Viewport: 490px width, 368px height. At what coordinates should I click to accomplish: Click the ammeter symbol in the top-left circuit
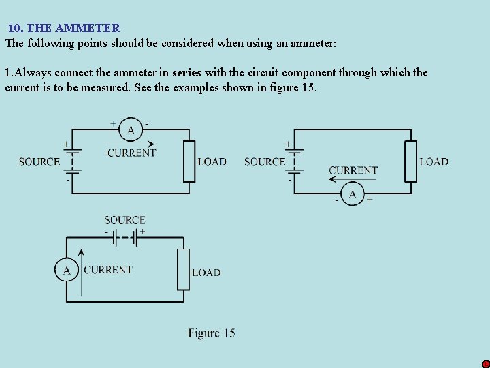(130, 129)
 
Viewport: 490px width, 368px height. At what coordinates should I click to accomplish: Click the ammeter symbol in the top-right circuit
(353, 196)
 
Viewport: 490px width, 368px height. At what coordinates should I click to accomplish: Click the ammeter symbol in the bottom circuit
(66, 270)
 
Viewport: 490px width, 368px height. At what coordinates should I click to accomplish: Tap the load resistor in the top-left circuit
(189, 162)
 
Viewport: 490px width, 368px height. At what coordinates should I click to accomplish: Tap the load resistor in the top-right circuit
(410, 162)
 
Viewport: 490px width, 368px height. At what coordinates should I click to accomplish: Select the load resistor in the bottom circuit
(183, 270)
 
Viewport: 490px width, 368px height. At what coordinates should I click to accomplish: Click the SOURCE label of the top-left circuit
(39, 162)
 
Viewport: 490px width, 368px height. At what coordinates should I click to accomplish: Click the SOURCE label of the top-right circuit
(264, 162)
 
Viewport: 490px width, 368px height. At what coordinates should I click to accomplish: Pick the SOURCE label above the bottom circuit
(125, 220)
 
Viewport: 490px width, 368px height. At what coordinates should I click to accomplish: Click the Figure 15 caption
(212, 333)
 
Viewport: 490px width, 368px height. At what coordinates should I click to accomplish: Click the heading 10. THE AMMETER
(64, 28)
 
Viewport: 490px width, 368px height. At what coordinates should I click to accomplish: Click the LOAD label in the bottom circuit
(206, 273)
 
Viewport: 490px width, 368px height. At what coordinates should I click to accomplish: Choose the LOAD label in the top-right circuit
(434, 162)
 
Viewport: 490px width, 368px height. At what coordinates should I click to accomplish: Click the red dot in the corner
(485, 364)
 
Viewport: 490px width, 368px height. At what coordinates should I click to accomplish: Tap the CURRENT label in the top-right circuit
(353, 170)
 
